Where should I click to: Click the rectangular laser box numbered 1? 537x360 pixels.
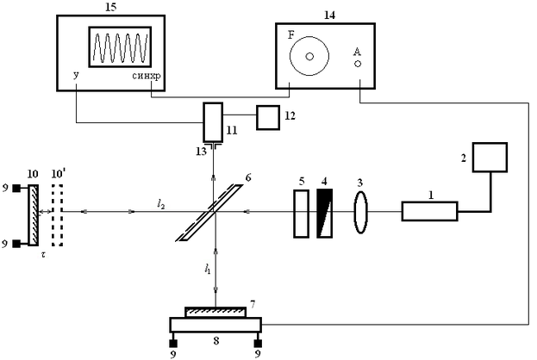[429, 210]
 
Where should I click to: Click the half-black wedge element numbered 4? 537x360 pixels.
[325, 210]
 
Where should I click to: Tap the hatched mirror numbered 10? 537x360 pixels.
[33, 211]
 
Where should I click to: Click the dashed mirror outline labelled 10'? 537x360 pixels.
[58, 211]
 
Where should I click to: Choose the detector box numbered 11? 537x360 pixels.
[213, 122]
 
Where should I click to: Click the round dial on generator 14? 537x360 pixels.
[309, 56]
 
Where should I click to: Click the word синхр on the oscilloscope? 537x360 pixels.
[147, 77]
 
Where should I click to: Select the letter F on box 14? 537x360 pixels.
[290, 34]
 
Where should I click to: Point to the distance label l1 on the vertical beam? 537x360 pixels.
[208, 269]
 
